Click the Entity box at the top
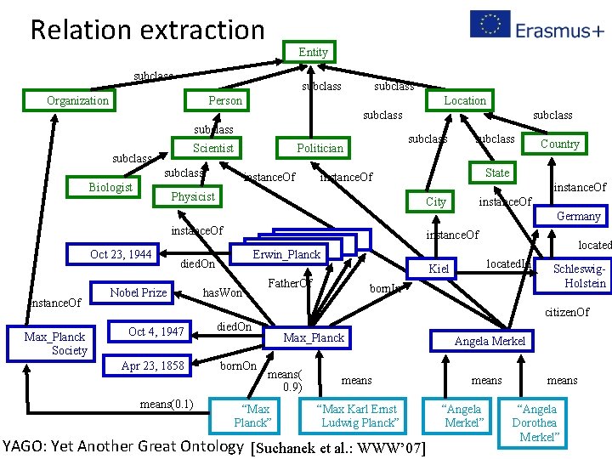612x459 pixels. [313, 52]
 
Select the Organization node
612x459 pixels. [78, 100]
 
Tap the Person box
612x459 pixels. [225, 100]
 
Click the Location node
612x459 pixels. [466, 99]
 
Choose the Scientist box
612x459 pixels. [212, 148]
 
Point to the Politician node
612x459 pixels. [320, 148]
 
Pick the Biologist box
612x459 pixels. [110, 187]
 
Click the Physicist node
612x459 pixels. [193, 196]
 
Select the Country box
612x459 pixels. [560, 144]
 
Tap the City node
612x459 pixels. [436, 201]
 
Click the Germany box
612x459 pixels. [578, 216]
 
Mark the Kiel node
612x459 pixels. [439, 269]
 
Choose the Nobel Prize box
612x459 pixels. [139, 292]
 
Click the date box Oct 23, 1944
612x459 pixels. [121, 254]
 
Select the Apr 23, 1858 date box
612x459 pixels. [153, 365]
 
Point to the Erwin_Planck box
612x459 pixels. [286, 254]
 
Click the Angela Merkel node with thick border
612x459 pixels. [490, 341]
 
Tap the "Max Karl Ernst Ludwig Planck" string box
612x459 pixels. [359, 416]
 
